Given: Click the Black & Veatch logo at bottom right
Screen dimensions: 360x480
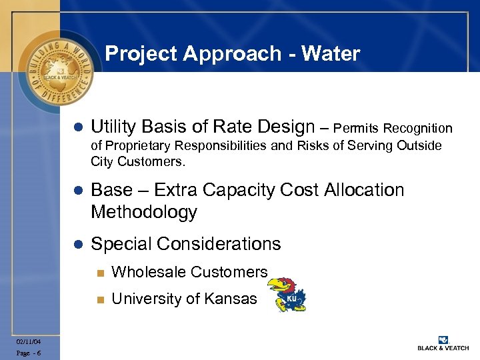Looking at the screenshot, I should (443, 343).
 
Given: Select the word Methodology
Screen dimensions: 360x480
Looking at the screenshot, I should (144, 213).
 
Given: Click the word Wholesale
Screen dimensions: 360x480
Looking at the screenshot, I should (149, 272).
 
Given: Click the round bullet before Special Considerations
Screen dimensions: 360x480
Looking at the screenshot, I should (77, 245).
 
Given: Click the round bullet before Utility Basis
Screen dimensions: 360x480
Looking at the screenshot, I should (77, 128).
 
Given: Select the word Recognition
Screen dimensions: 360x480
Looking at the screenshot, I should (417, 128).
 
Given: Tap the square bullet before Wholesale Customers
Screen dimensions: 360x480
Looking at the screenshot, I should (100, 273).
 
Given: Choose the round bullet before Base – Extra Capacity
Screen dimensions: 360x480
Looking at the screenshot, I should (77, 191).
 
